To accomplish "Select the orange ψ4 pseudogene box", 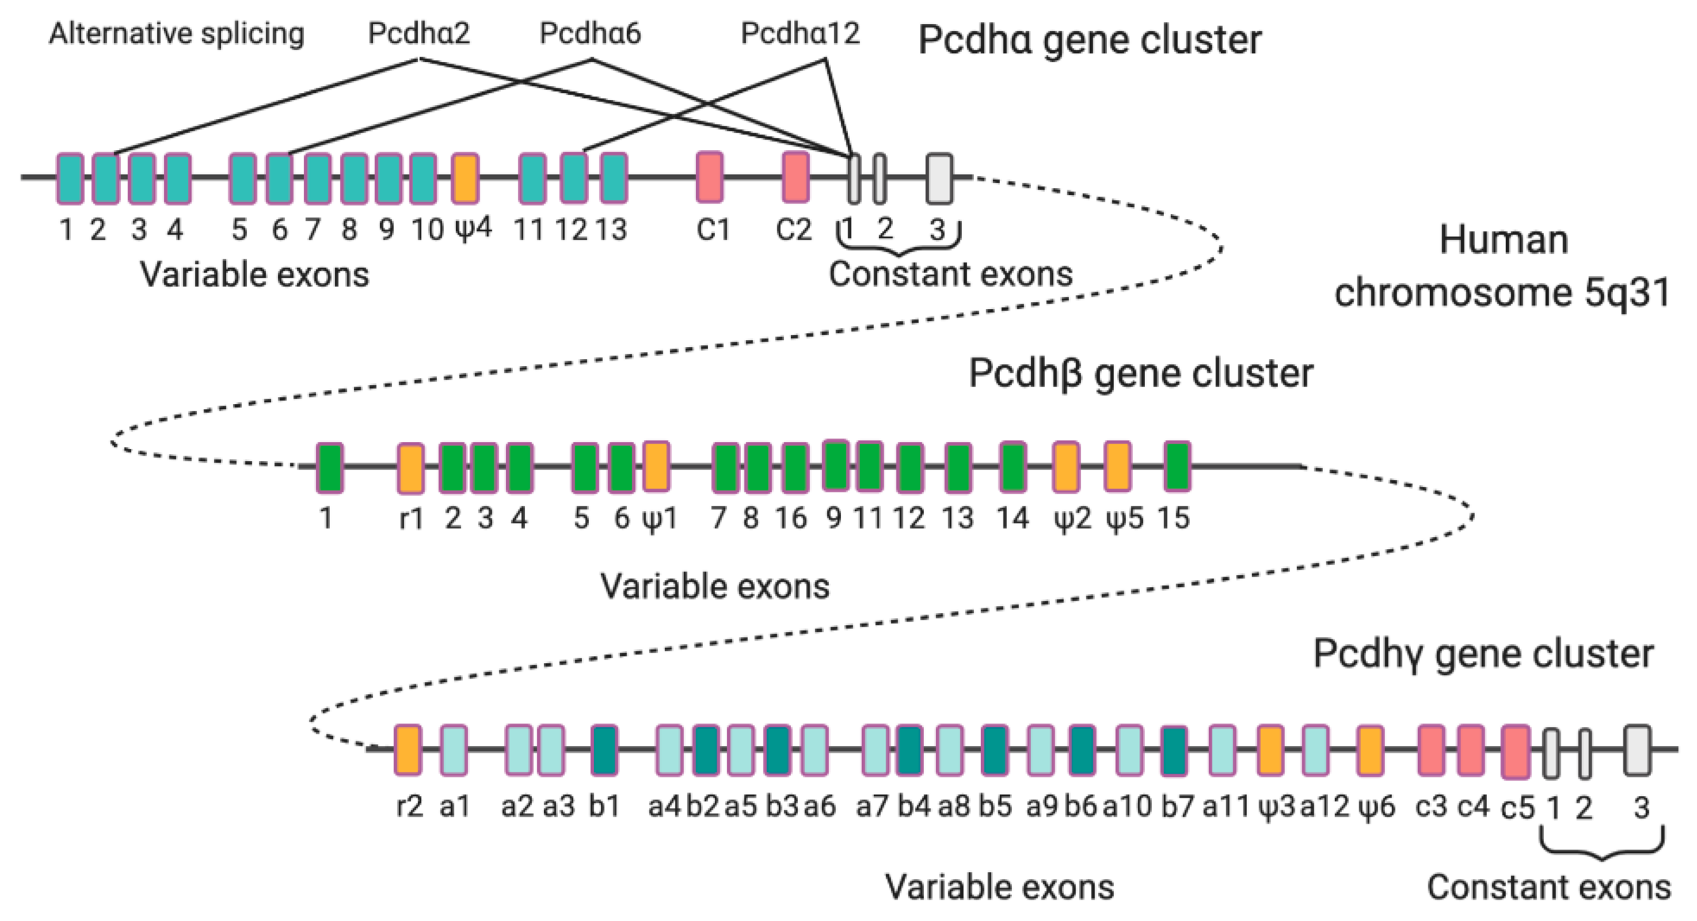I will (x=466, y=178).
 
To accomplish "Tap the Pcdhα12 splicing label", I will (x=800, y=33).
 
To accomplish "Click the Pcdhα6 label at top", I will (x=590, y=33).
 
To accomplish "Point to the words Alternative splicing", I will (x=177, y=34).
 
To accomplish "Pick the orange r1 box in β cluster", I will (x=411, y=467).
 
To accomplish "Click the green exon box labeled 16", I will (x=796, y=467).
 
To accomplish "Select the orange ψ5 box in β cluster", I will (x=1118, y=466).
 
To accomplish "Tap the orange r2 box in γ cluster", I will (x=408, y=750).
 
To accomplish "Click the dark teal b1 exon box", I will (x=604, y=750).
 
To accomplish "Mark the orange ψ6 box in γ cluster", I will (x=1370, y=751).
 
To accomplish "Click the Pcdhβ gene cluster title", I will (x=1140, y=374).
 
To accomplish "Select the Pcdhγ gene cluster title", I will (x=1483, y=654).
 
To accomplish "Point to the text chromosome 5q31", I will (x=1502, y=292).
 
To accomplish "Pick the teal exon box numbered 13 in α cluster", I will (x=614, y=178).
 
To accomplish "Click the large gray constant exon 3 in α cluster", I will (x=940, y=179).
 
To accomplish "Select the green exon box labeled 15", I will (x=1177, y=466).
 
